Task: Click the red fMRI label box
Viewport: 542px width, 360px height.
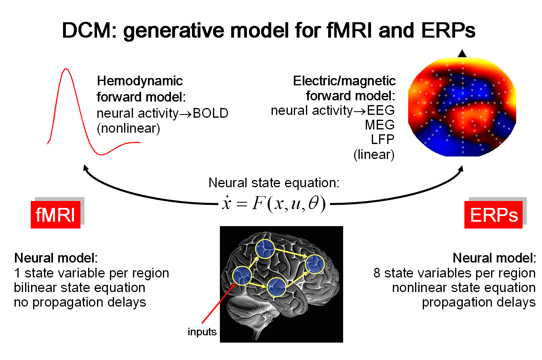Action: coord(55,215)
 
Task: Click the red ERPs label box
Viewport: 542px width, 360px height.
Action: coord(494,215)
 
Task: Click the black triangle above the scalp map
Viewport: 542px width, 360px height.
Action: coord(462,53)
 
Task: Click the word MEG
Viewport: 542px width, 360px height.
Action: coord(380,125)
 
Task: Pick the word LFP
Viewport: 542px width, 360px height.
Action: coord(382,140)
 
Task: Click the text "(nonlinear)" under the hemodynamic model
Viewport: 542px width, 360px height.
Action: coord(129,128)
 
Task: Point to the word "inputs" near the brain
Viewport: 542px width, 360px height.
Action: coord(202,332)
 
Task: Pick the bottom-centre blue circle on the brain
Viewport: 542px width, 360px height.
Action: coord(276,288)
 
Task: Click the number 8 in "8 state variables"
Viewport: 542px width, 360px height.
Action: coord(377,273)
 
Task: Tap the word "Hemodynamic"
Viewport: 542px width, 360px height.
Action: coord(140,81)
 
